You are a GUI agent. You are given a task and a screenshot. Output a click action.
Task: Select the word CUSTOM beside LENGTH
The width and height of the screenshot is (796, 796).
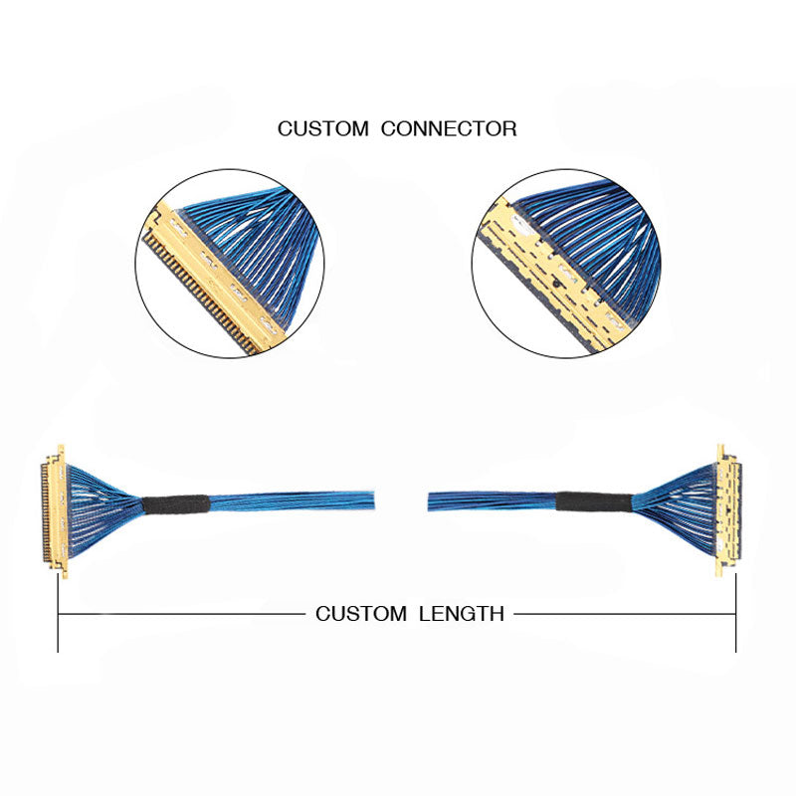(x=360, y=614)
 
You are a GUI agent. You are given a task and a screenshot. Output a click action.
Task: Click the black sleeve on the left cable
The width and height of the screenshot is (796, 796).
(x=175, y=504)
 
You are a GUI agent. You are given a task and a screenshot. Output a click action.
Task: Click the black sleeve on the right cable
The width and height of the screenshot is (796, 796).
(x=593, y=501)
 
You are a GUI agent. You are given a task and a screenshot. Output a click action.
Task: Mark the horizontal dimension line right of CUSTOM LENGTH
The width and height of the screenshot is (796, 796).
(x=623, y=614)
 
